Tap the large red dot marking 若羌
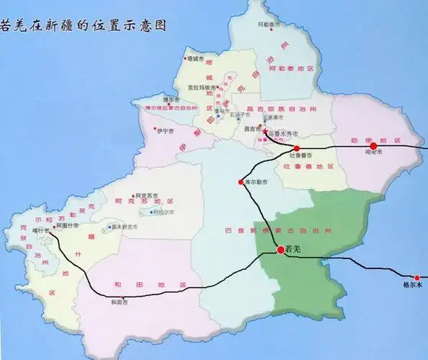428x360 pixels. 281,250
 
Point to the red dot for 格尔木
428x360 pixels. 416,277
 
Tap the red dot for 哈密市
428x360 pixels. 373,146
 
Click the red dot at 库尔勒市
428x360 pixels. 240,181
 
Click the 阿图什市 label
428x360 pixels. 66,225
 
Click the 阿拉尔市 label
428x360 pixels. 163,212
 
